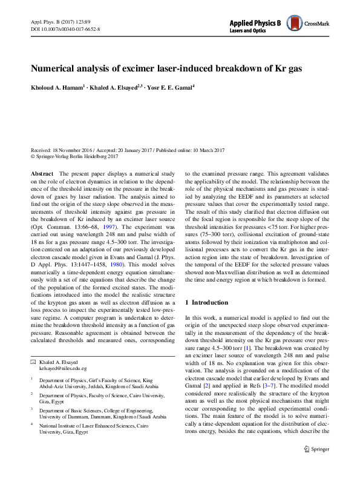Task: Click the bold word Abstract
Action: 41,173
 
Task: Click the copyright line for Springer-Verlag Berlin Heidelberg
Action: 74,156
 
